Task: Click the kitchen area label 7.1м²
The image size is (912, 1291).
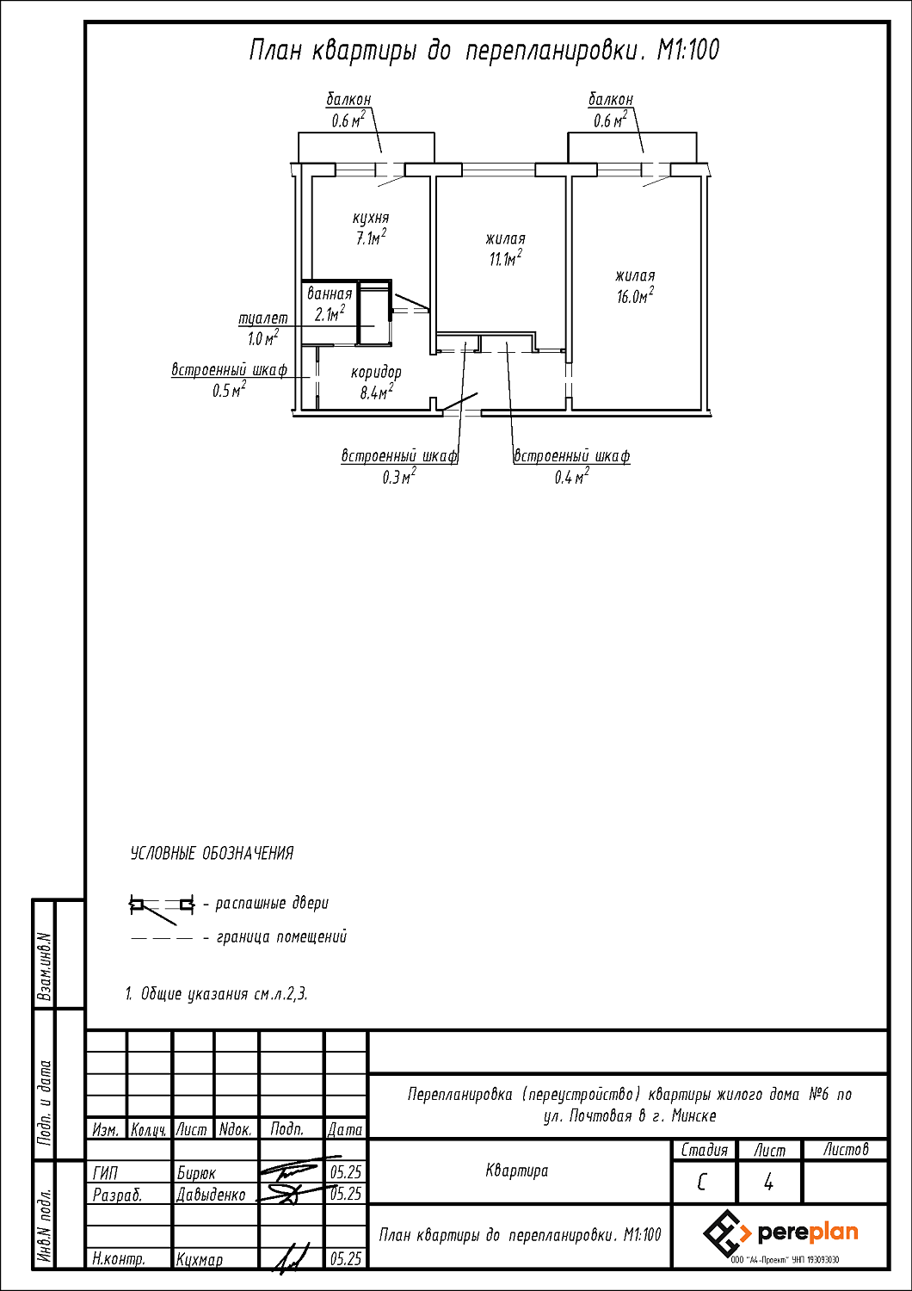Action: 371,237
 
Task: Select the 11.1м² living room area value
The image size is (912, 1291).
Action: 506,258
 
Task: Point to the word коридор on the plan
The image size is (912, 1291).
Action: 376,373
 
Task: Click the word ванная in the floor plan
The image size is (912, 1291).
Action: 330,294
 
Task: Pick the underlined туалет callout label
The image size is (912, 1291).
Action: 263,318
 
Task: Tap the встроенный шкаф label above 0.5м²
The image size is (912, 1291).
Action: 230,369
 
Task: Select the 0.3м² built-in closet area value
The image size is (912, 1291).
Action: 399,476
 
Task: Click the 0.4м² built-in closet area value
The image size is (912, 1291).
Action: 572,476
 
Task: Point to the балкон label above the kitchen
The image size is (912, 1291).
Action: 348,100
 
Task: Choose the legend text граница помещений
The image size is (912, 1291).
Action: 281,937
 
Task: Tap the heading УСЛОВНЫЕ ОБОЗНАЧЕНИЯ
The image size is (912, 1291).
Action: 212,853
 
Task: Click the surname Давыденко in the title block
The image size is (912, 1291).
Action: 211,1195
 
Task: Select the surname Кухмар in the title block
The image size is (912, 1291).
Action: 200,1260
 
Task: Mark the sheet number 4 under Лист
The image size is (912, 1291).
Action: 768,1183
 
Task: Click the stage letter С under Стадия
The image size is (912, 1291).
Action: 702,1183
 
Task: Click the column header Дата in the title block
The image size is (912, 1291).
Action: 345,1129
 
